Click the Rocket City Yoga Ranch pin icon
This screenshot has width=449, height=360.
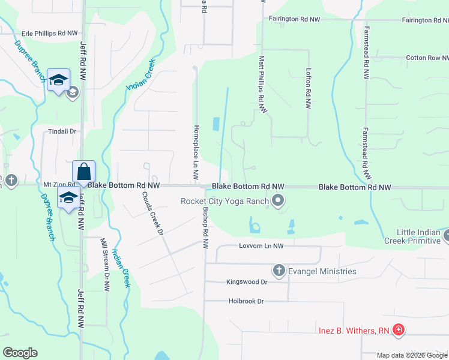pyautogui.click(x=278, y=201)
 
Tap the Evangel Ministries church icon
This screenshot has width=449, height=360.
pyautogui.click(x=279, y=271)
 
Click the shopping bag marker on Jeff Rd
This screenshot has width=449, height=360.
pyautogui.click(x=84, y=171)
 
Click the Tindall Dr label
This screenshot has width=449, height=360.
pyautogui.click(x=65, y=131)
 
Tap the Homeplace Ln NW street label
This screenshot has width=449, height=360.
pyautogui.click(x=196, y=153)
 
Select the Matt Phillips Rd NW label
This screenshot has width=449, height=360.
pyautogui.click(x=262, y=84)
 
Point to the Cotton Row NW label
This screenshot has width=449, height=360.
pyautogui.click(x=427, y=58)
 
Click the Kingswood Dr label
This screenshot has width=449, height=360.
pyautogui.click(x=246, y=281)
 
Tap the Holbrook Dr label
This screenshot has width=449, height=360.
pyautogui.click(x=246, y=301)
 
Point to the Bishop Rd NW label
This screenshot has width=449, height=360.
pyautogui.click(x=205, y=229)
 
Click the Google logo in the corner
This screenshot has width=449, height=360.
pyautogui.click(x=20, y=353)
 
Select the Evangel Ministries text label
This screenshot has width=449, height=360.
pyautogui.click(x=322, y=271)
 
